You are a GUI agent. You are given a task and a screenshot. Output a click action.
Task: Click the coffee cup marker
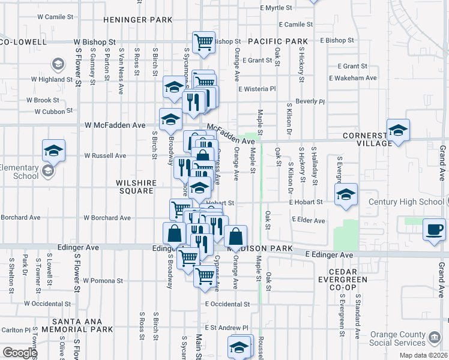tap(434, 229)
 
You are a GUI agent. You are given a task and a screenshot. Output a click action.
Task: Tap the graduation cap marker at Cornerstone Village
tap(398, 130)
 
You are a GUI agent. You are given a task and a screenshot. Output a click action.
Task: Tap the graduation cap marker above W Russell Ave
tap(53, 150)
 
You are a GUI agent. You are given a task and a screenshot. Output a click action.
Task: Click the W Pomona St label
tap(103, 280)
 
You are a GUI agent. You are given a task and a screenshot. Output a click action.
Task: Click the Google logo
tap(20, 353)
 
